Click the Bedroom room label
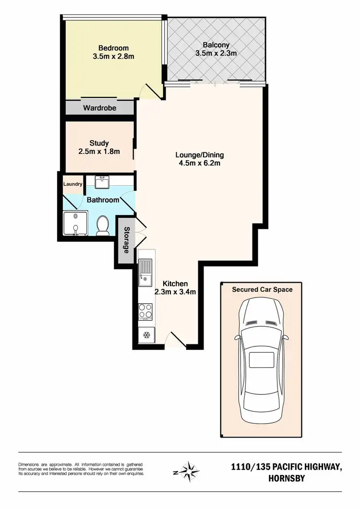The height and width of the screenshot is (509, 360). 113,48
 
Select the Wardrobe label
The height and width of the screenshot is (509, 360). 99,108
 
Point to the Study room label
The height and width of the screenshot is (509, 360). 99,143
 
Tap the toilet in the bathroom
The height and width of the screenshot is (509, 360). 103,225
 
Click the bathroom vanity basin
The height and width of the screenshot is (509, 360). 103,182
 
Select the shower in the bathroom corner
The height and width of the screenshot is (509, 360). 75,223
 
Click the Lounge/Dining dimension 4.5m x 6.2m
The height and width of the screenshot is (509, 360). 199,164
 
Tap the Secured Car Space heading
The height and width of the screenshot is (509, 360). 262,289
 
